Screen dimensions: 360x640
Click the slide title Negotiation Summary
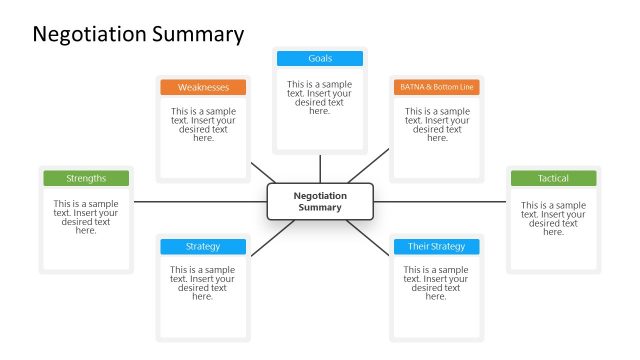[x=138, y=34]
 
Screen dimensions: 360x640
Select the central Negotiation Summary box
[x=319, y=202]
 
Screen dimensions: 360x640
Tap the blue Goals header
[x=320, y=59]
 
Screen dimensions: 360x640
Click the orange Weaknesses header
[x=203, y=88]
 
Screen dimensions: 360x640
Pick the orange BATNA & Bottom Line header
[x=436, y=88]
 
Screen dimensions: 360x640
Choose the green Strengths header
[x=86, y=179]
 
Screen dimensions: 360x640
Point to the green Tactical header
[x=553, y=179]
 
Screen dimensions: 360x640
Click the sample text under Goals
[x=320, y=98]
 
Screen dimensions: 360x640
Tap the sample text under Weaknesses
[x=203, y=125]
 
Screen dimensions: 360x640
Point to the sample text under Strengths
[x=86, y=217]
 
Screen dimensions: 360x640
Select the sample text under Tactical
[x=553, y=217]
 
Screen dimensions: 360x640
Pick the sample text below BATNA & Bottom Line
[x=436, y=125]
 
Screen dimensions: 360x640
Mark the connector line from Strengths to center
[x=200, y=202]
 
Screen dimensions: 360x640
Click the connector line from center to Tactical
[x=440, y=202]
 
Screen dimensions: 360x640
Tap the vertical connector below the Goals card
[x=320, y=169]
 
